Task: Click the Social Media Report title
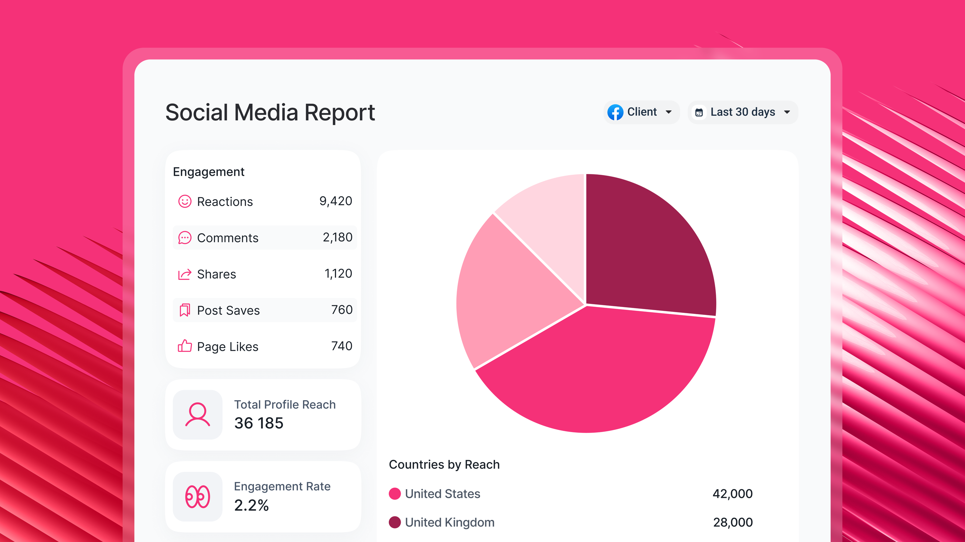coord(270,112)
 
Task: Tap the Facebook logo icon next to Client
coord(615,112)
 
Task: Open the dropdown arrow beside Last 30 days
coord(787,112)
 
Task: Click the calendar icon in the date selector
coord(699,112)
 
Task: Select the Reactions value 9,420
coord(335,201)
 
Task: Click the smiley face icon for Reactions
coord(185,202)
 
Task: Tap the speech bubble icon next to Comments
coord(185,237)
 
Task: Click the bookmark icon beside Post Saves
coord(185,310)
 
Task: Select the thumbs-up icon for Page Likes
coord(185,346)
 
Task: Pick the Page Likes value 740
coord(341,346)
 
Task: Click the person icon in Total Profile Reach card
coord(197,415)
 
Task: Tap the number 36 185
coord(258,423)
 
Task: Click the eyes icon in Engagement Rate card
coord(197,497)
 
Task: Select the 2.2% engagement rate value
coord(251,505)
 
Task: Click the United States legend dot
coord(395,494)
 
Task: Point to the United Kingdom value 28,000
coord(732,522)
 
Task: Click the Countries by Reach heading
coord(444,464)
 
